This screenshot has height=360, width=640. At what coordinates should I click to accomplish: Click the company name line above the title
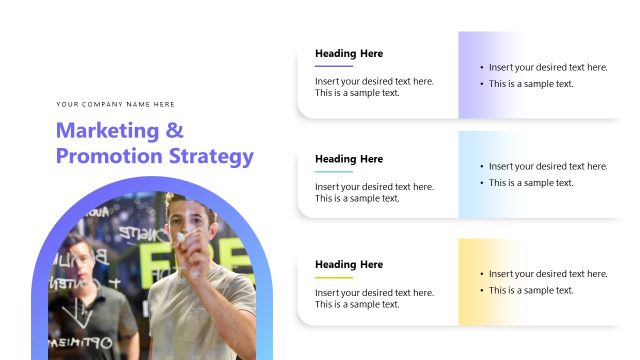[x=116, y=104]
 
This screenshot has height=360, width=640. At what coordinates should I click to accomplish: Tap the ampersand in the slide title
[x=174, y=131]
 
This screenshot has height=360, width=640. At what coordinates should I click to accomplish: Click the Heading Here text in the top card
[x=349, y=53]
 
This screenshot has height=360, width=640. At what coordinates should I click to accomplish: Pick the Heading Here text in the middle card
[x=349, y=159]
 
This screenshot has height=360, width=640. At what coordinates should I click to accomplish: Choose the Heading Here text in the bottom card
[x=349, y=265]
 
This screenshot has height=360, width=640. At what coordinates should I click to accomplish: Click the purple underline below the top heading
[x=334, y=66]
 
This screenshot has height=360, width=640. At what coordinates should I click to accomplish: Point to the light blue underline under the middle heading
[x=334, y=172]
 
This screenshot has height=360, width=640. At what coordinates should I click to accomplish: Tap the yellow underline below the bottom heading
[x=334, y=278]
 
